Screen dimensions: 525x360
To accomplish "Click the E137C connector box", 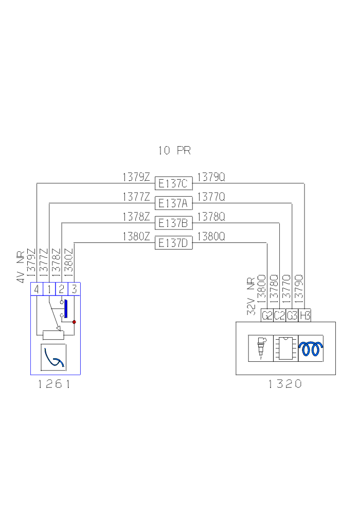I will pos(174,183).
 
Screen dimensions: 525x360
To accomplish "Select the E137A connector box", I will pos(174,203).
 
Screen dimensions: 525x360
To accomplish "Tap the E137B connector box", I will pos(174,223).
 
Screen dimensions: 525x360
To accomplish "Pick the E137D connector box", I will pos(174,243).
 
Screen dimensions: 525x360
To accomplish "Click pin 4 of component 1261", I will pos(36,289).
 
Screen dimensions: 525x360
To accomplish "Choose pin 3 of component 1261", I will pos(74,289).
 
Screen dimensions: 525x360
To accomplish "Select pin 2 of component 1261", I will pos(61,289).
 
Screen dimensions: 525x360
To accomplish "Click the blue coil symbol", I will pos(311,348).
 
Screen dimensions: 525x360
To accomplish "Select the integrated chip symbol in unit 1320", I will pos(286,348).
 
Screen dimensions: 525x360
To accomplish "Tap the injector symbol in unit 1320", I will pos(261,348).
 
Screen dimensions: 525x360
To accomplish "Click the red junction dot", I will pos(74,322).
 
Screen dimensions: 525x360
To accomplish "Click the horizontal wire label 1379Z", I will pos(136,178).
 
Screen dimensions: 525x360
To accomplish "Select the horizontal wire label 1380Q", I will pos(211,237).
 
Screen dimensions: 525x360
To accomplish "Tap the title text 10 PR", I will pos(174,151).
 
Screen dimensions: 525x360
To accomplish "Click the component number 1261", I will pos(54,384).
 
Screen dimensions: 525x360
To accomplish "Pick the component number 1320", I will pos(285,384).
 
